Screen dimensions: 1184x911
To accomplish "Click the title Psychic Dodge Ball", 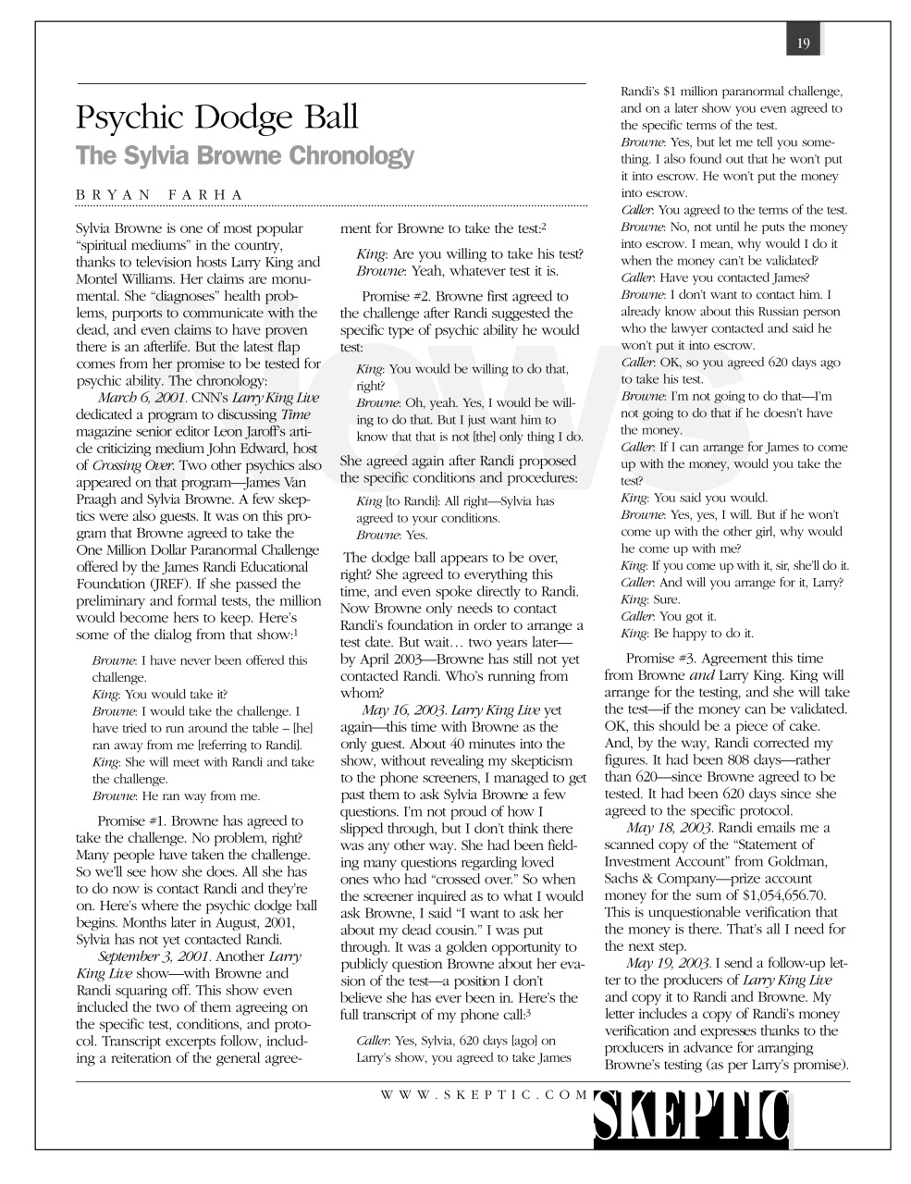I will (x=216, y=118).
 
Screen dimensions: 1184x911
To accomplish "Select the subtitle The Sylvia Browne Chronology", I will (x=245, y=154).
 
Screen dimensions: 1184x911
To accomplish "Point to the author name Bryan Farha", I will (x=159, y=194).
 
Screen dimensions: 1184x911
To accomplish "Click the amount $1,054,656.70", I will (x=784, y=894).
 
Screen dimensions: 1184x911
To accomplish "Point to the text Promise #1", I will (x=131, y=820).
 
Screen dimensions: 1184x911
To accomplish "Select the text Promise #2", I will (x=395, y=296).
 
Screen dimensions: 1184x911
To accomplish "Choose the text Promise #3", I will (x=659, y=659).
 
